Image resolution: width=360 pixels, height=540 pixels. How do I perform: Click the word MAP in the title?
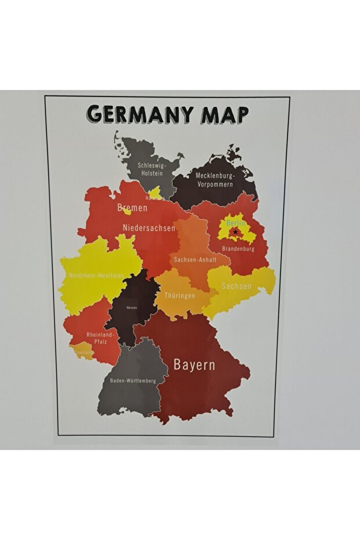tap(225, 114)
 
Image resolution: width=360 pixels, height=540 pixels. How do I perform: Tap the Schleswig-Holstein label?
tap(151, 169)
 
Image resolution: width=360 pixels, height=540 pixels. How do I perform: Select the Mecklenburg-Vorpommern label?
tap(214, 180)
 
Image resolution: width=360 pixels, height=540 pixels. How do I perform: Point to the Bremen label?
tap(132, 208)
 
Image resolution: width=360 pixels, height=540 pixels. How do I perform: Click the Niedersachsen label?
tap(149, 228)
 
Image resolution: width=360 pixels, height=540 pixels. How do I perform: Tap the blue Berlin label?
tap(235, 223)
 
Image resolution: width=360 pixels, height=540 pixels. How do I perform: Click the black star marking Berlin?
tap(234, 233)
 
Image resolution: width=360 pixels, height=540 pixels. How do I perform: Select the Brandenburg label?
tap(238, 249)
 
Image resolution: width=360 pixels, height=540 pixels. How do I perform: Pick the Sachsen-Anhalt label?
tap(195, 260)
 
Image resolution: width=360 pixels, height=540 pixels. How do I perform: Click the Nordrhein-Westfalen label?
tap(96, 276)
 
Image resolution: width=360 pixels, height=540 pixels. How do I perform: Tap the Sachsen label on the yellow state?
tap(237, 287)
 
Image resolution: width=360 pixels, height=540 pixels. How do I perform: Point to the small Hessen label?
tap(132, 307)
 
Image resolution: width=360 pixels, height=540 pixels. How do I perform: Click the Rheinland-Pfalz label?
tap(101, 338)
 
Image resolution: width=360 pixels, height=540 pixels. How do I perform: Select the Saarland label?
tap(83, 352)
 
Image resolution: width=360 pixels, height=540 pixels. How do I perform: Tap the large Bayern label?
tap(194, 365)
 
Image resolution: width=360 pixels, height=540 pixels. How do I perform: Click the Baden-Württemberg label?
tap(133, 381)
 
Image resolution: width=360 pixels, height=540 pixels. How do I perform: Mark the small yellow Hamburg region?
tap(155, 192)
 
